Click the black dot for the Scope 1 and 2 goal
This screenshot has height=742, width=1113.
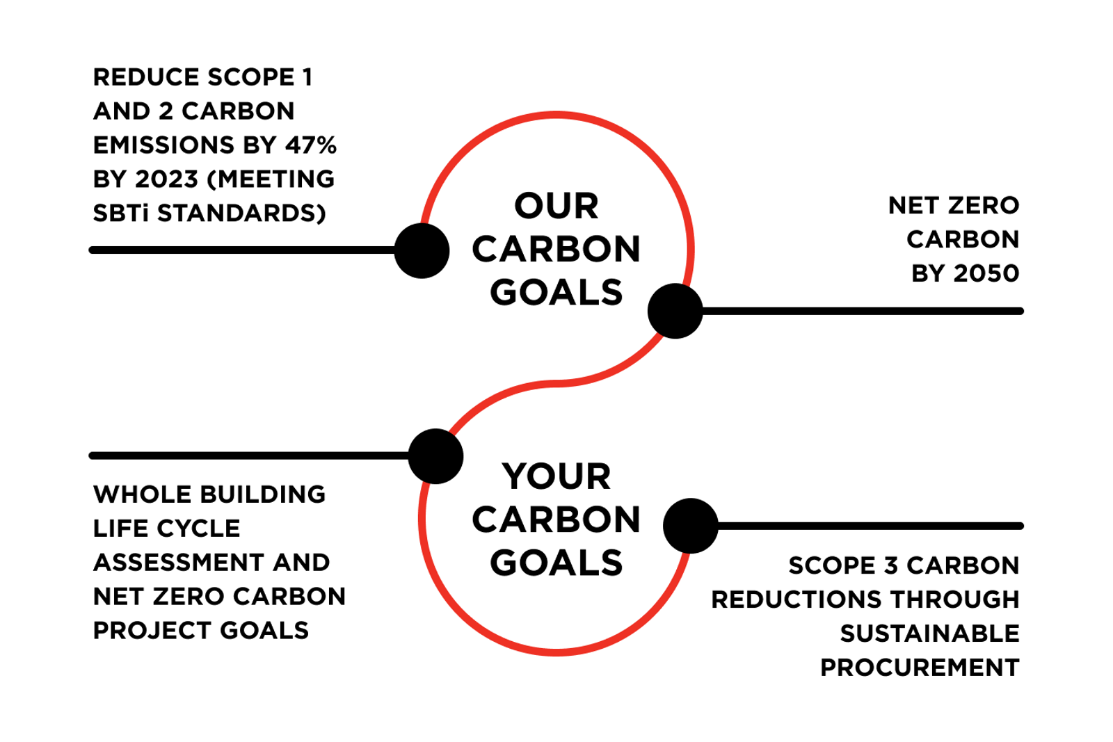422,250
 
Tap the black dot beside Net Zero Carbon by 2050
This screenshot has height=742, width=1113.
675,311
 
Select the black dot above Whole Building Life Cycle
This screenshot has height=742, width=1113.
435,456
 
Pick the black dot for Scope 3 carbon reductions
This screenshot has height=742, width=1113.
690,526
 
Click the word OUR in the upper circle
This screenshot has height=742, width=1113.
556,207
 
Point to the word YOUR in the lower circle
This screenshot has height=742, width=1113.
556,477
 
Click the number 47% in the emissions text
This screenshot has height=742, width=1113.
310,145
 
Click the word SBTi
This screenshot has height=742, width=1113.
121,213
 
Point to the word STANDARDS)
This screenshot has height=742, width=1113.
241,213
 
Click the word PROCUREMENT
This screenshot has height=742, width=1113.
920,668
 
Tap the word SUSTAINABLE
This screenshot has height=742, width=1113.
929,634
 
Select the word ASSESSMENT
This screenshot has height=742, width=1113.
178,563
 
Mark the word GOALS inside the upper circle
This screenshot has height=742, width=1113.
556,293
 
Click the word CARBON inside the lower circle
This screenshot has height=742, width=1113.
556,520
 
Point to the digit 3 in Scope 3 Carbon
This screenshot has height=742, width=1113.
891,566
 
